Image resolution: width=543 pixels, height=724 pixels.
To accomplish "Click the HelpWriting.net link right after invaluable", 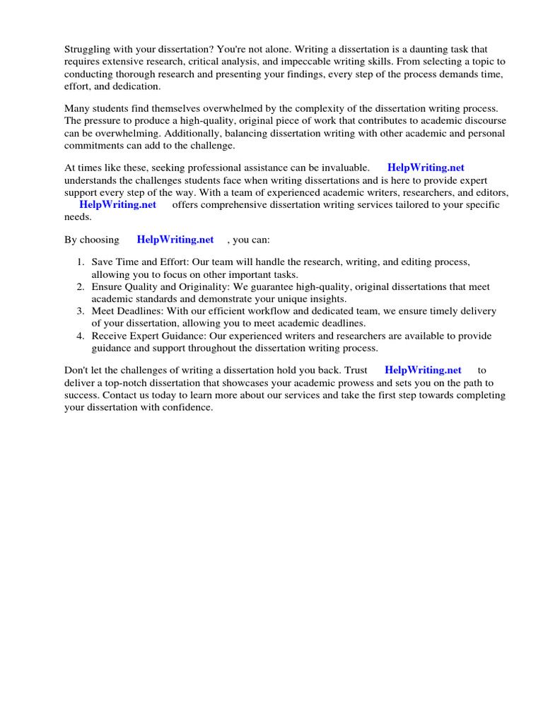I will tap(426, 168).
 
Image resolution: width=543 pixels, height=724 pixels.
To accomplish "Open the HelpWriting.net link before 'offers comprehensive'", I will tap(117, 204).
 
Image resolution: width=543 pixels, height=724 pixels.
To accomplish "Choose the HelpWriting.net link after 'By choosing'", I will tap(175, 240).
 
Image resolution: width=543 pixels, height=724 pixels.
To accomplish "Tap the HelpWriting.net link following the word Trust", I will tap(423, 370).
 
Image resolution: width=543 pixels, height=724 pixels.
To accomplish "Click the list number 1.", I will tap(81, 262).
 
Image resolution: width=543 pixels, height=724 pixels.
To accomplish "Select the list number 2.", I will tap(81, 287).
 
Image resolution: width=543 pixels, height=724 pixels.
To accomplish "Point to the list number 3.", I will tap(81, 311).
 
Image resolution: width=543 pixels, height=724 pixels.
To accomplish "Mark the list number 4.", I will tap(81, 336).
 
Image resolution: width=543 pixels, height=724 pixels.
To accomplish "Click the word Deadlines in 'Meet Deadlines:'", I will tap(140, 311).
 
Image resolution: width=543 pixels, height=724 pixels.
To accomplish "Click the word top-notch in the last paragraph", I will tap(129, 383).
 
